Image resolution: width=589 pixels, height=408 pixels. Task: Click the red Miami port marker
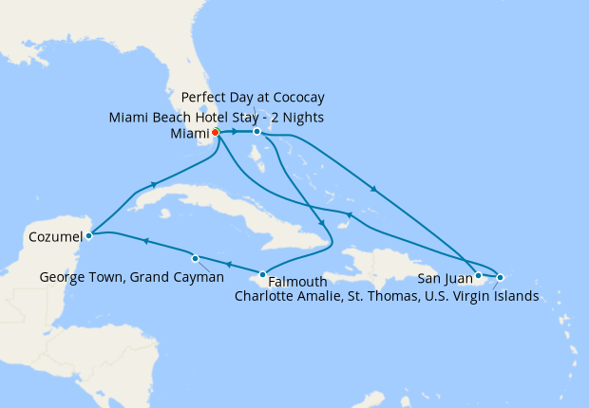point(217,132)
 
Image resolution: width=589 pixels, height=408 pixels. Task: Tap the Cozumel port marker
point(88,234)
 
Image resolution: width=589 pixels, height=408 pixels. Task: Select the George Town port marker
point(195,258)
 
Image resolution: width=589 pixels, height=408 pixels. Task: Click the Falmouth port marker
point(263,274)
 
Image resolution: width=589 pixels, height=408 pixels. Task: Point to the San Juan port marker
point(478,276)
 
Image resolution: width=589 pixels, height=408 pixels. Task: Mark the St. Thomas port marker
point(500,277)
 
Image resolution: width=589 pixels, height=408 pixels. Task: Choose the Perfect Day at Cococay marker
point(256,132)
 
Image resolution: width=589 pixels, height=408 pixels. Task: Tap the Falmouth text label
point(297,282)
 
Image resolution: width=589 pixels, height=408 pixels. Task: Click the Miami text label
point(187,133)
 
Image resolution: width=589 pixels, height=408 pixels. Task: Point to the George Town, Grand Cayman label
point(132,277)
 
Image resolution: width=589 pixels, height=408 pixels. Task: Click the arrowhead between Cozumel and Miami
point(153,185)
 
